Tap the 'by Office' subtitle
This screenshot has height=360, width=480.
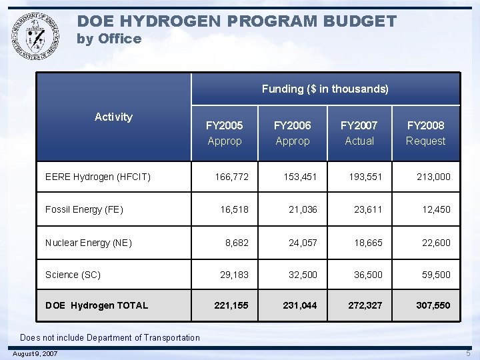coord(109,39)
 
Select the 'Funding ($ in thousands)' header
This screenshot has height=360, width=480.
coord(325,89)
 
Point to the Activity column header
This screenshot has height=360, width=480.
coord(113,117)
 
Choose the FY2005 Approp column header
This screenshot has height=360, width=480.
coord(225,133)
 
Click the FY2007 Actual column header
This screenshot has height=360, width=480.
coord(359,133)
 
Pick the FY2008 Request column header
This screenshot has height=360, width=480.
coord(425,133)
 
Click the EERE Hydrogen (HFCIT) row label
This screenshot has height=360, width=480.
coord(97,177)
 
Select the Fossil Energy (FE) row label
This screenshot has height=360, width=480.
coord(84,209)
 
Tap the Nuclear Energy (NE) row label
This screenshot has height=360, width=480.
coord(89,243)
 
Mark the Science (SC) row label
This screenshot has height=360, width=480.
coord(73,275)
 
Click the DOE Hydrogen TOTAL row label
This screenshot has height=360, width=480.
coord(96,305)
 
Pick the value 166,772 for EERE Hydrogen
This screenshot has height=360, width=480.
coord(231,177)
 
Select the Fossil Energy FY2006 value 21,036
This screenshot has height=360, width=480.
coord(303,209)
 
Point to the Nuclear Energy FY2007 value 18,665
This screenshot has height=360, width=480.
coord(368,243)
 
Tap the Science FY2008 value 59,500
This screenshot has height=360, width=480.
coord(436,275)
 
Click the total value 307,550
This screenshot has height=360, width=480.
coord(433,305)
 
